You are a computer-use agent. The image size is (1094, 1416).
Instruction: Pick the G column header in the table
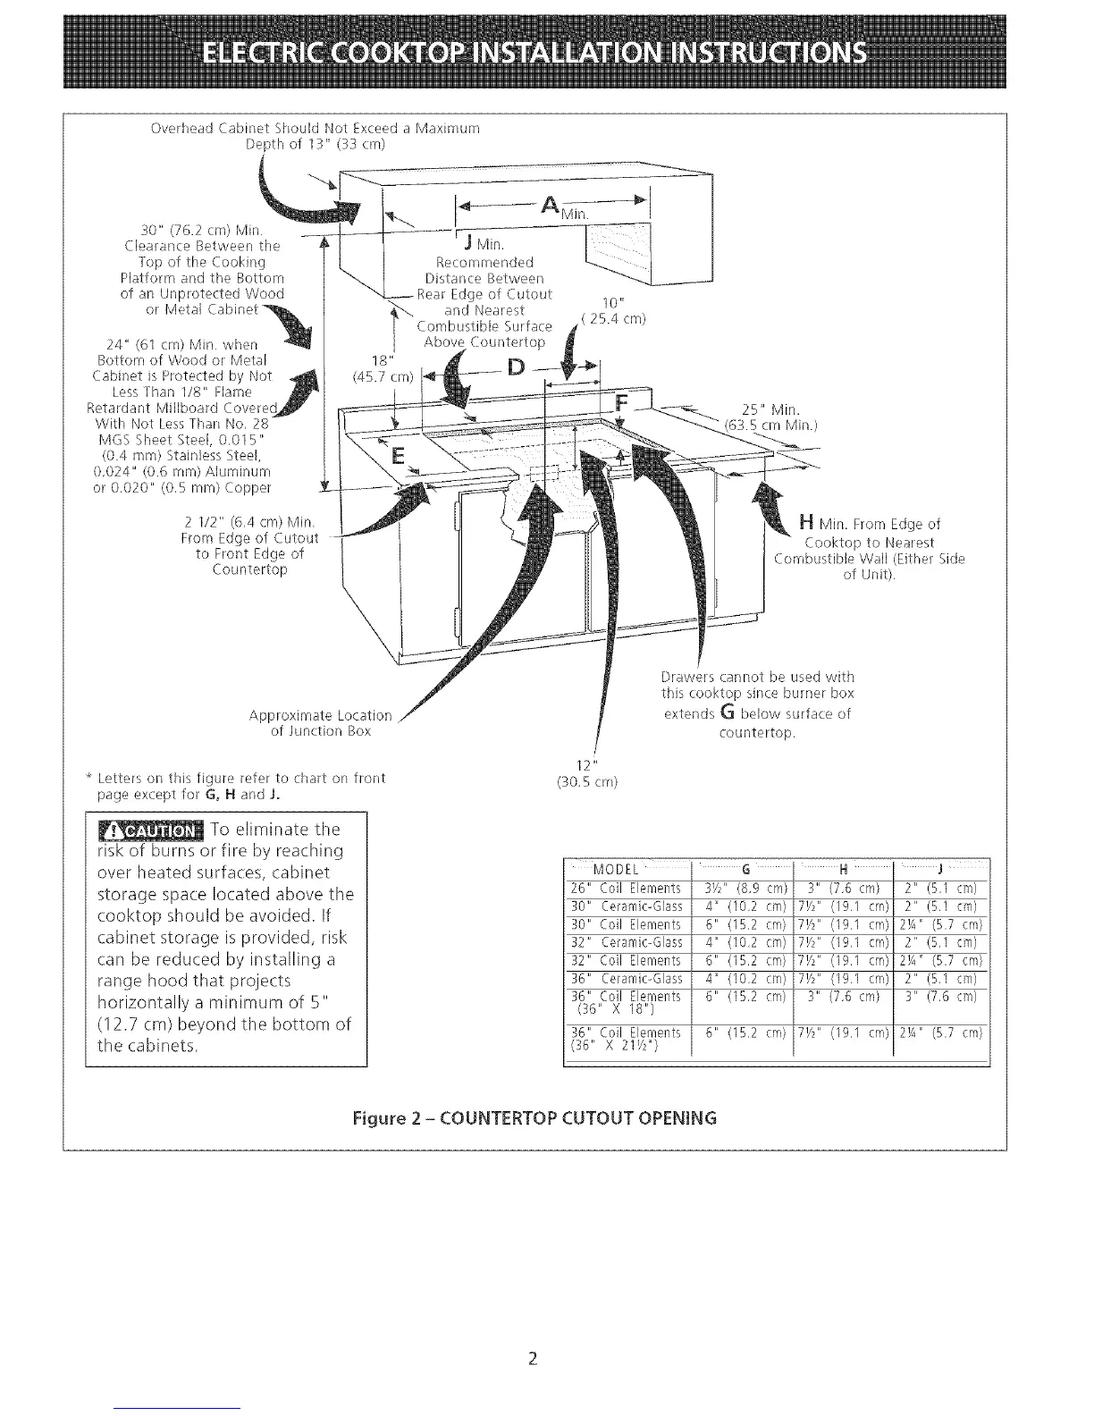(x=744, y=870)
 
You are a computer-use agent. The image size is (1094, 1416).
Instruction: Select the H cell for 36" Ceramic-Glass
(x=844, y=978)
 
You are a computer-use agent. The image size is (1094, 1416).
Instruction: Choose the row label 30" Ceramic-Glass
(x=627, y=906)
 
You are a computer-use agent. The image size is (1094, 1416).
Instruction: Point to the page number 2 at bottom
(x=532, y=1360)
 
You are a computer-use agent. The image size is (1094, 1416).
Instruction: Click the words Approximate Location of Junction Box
(x=321, y=723)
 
